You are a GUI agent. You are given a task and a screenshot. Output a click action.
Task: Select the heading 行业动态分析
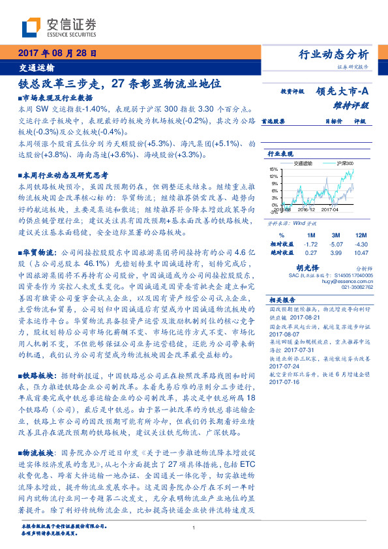[338, 54]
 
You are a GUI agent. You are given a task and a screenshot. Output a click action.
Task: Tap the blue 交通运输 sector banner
[37, 67]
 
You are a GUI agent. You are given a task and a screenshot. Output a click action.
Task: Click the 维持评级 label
[355, 104]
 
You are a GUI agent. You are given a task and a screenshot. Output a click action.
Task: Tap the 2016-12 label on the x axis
[306, 210]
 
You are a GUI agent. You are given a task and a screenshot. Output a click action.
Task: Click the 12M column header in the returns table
[361, 234]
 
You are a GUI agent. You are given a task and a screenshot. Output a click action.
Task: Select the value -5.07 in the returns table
[336, 243]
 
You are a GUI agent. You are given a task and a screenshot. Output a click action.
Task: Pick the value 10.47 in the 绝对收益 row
[361, 251]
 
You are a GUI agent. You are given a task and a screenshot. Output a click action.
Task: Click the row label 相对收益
[281, 243]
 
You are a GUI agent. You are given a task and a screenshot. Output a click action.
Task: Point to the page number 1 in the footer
[194, 528]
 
